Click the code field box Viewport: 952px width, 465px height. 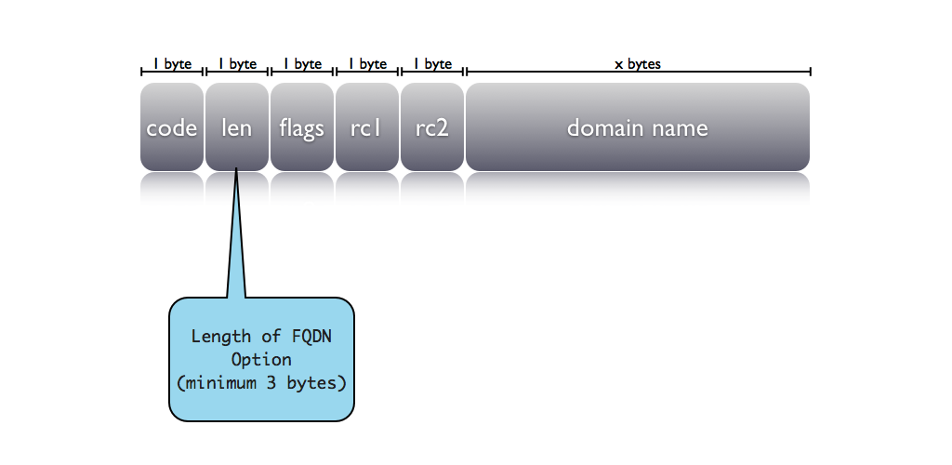click(x=172, y=127)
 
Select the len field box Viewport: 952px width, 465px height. click(x=237, y=127)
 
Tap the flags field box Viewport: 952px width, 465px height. click(x=302, y=127)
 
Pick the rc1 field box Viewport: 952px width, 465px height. click(x=367, y=127)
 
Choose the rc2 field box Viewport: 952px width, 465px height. click(x=432, y=127)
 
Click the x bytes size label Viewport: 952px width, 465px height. click(x=638, y=64)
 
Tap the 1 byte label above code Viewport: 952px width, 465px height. click(x=172, y=64)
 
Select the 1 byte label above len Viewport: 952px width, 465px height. click(x=237, y=64)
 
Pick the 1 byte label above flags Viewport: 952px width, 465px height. click(x=302, y=64)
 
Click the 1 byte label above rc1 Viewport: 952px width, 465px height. click(x=367, y=64)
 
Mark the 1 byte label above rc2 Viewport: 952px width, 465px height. click(x=432, y=64)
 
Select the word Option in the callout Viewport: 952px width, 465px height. click(x=261, y=359)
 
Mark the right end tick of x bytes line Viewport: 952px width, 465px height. click(x=811, y=72)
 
